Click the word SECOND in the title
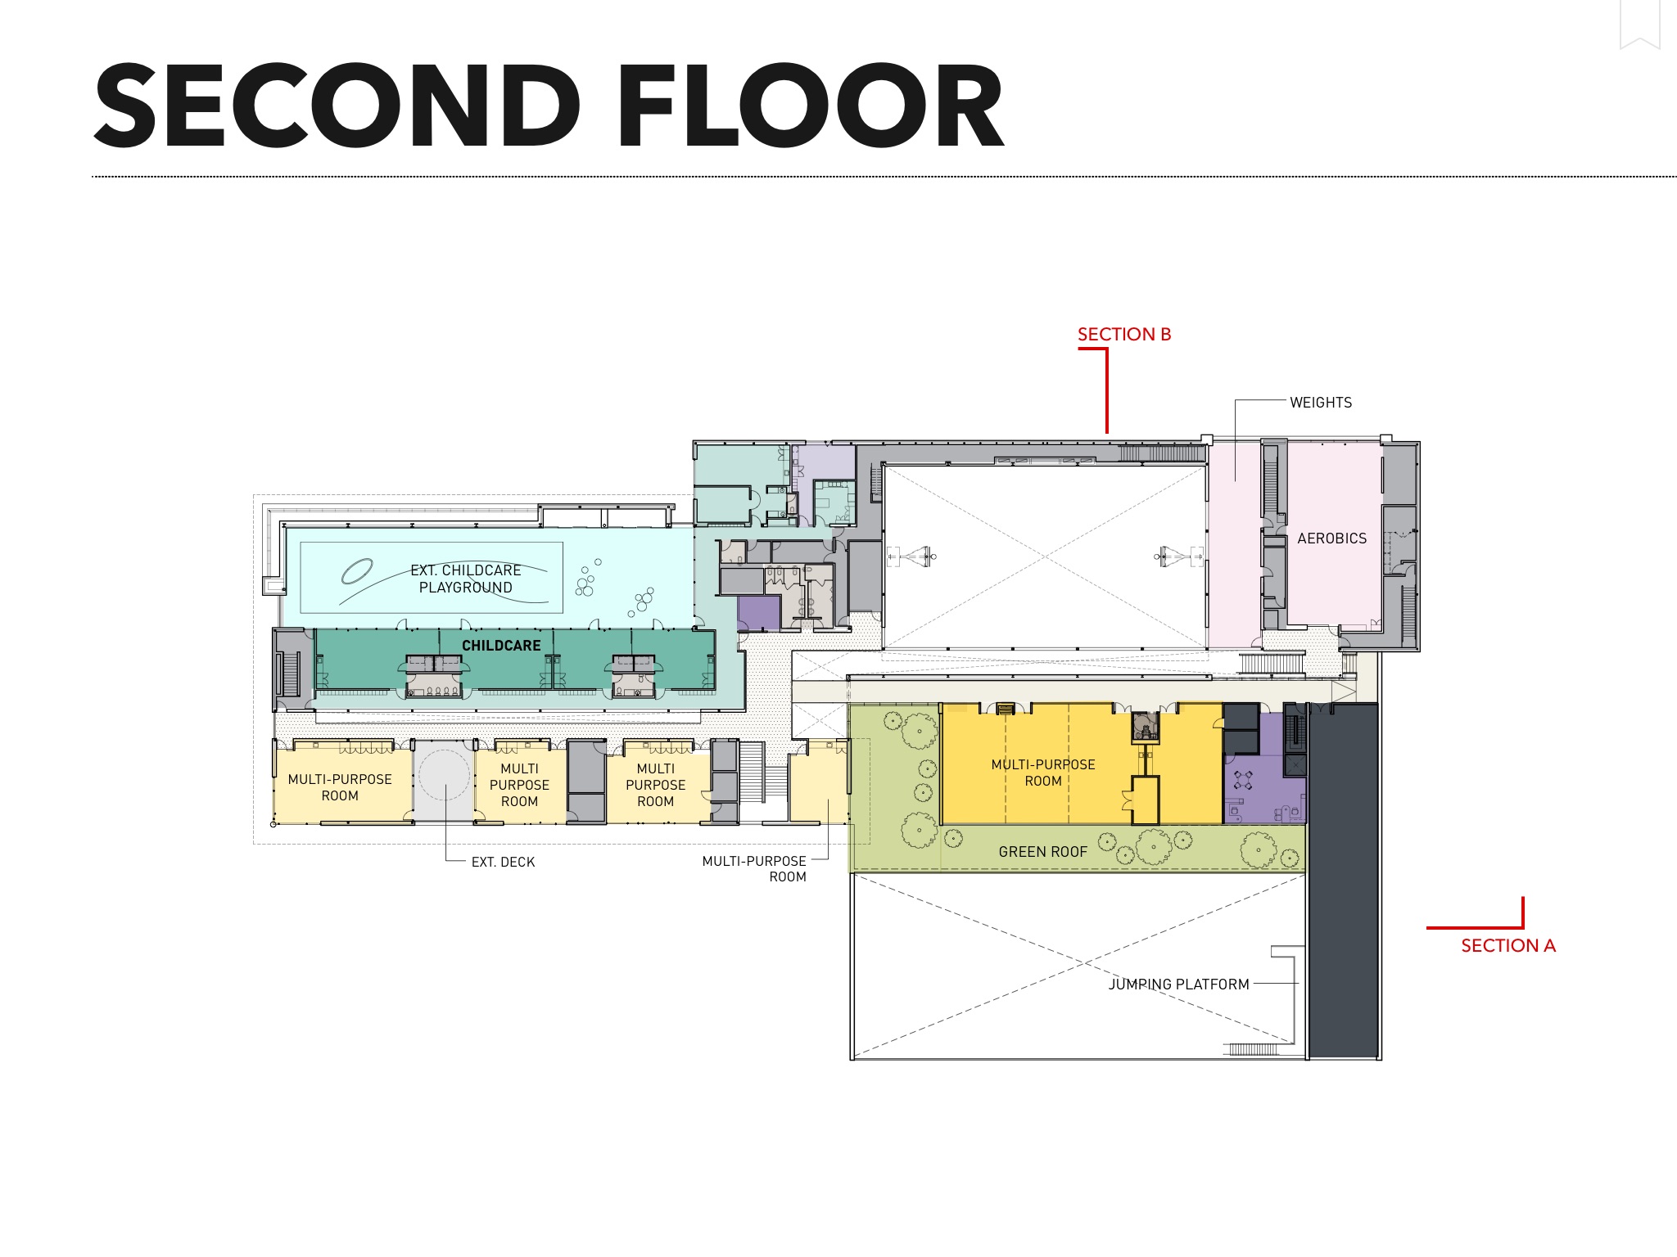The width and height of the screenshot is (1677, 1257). point(337,106)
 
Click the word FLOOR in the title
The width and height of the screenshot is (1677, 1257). point(811,106)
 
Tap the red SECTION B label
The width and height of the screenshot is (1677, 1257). point(1124,334)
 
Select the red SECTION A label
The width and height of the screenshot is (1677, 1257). point(1508,945)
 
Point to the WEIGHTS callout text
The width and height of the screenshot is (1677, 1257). point(1321,403)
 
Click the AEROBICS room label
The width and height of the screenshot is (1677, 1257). point(1332,538)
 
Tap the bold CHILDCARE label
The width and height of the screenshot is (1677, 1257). point(501,646)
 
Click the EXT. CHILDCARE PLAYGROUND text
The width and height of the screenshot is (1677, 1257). point(466,579)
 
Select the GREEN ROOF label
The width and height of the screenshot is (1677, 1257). point(1043,852)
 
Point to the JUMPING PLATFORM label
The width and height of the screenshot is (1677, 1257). point(1179,984)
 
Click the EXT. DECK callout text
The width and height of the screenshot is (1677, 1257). point(503,862)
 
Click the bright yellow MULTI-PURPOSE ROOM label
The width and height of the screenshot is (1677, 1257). point(1043,773)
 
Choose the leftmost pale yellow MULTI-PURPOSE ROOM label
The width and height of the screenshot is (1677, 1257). point(340,787)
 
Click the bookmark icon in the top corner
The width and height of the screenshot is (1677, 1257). point(1639,24)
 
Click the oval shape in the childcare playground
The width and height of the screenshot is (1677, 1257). point(357,570)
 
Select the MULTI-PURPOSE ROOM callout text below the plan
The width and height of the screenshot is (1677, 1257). point(754,868)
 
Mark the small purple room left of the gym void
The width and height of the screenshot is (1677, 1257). point(758,613)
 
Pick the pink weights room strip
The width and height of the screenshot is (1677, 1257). point(1234,544)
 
